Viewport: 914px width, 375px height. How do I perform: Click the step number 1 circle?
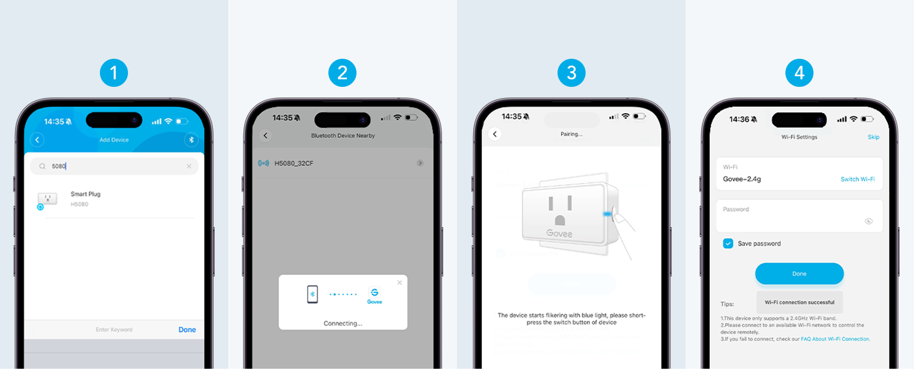point(114,74)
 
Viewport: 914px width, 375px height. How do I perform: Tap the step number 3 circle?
point(571,74)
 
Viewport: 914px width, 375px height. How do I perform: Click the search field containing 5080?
point(114,166)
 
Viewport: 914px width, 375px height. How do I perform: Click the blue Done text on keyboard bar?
point(187,329)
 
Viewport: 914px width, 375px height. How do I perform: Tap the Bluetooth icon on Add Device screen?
point(191,140)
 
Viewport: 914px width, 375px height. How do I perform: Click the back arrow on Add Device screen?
point(37,140)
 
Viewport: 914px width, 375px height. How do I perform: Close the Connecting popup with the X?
point(400,282)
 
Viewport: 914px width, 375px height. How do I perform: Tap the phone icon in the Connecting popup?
point(312,294)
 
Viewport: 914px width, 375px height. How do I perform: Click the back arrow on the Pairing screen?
point(495,134)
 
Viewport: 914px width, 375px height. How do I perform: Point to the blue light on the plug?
point(607,214)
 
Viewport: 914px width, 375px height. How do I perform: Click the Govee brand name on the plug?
point(559,234)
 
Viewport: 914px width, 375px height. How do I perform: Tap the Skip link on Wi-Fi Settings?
point(873,137)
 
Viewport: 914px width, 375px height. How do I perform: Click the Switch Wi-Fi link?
point(857,179)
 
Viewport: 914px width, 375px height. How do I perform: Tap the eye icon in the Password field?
point(868,221)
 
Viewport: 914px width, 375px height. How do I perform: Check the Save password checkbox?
point(728,244)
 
